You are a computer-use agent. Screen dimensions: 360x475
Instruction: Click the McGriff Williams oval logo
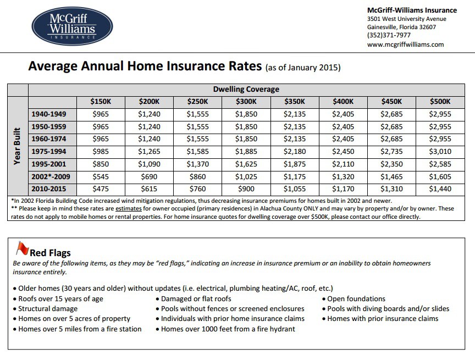pyautogui.click(x=72, y=25)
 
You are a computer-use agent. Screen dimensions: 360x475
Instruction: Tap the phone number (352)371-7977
pyautogui.click(x=389, y=35)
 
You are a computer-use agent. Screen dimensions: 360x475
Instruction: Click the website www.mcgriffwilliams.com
pyautogui.click(x=405, y=44)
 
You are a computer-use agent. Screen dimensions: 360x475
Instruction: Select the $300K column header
pyautogui.click(x=246, y=102)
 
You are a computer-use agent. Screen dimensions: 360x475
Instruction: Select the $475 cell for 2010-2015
pyautogui.click(x=101, y=189)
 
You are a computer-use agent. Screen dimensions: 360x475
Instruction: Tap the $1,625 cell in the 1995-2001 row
pyautogui.click(x=246, y=164)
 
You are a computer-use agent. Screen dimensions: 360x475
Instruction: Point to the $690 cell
pyautogui.click(x=149, y=176)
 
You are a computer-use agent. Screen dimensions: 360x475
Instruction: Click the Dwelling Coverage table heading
pyautogui.click(x=246, y=89)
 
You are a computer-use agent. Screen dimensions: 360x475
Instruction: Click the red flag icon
pyautogui.click(x=21, y=250)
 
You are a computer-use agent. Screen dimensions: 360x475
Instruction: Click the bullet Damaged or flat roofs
pyautogui.click(x=196, y=298)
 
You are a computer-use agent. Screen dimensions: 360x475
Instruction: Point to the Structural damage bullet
pyautogui.click(x=48, y=308)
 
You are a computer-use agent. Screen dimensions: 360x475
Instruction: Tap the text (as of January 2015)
pyautogui.click(x=303, y=68)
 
